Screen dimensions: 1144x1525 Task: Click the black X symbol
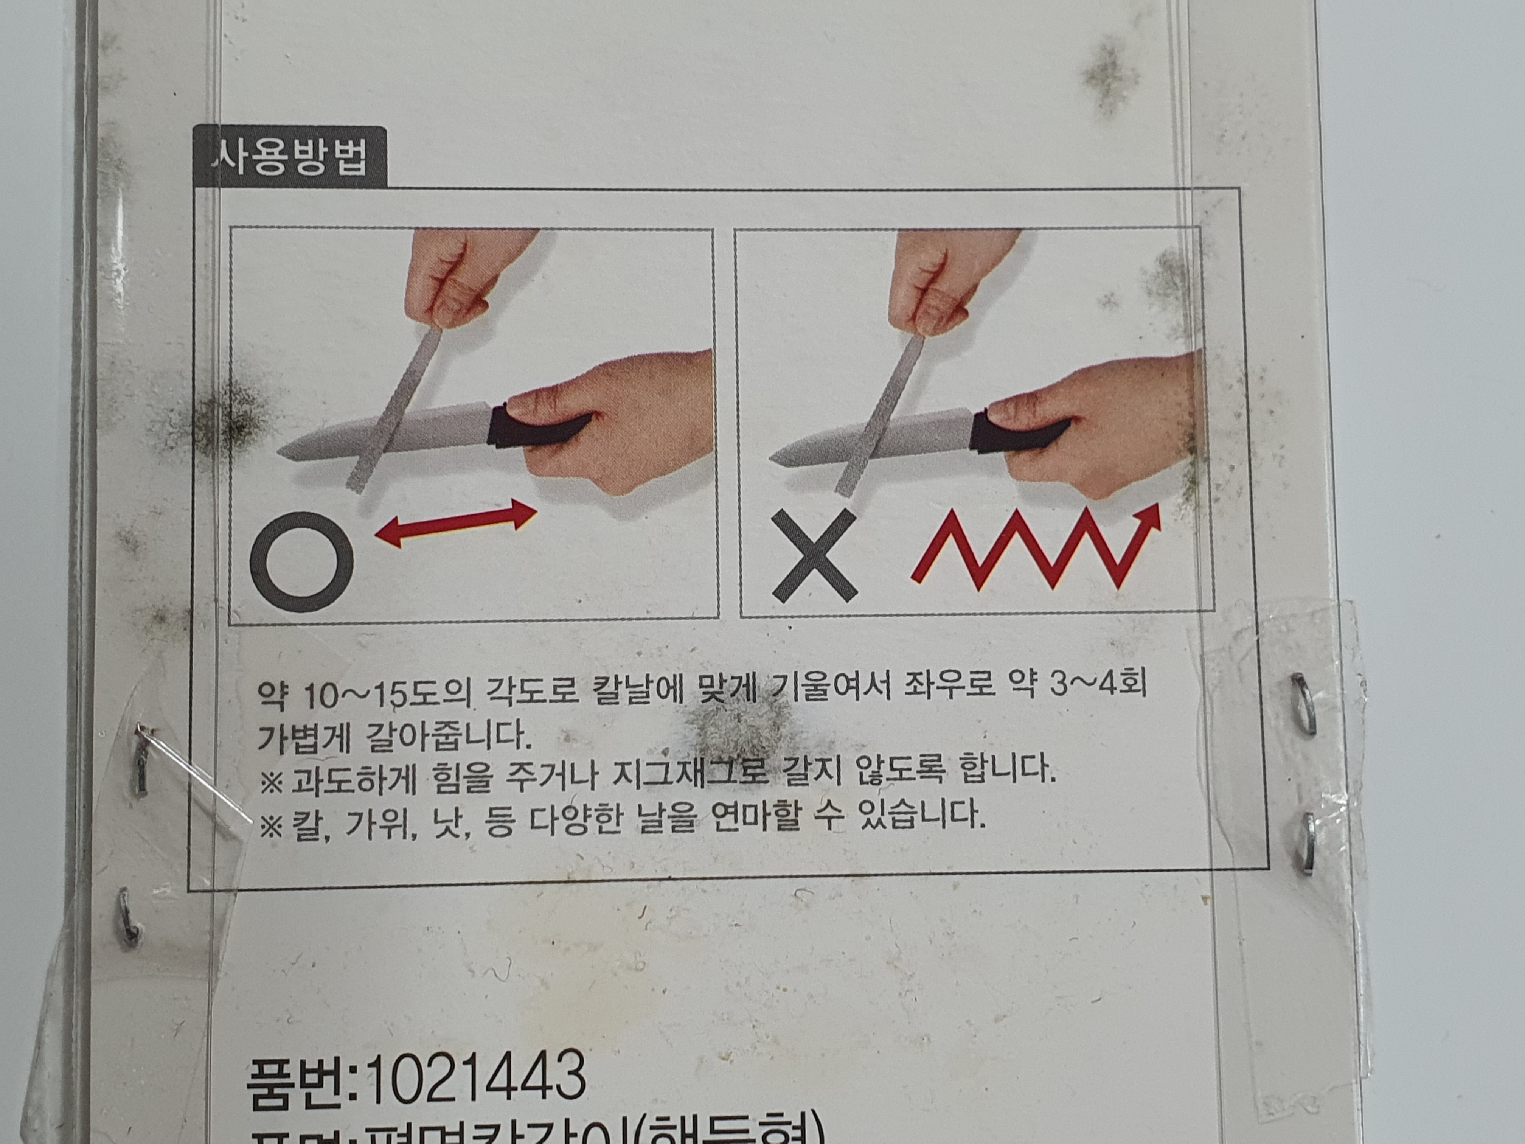pos(814,556)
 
